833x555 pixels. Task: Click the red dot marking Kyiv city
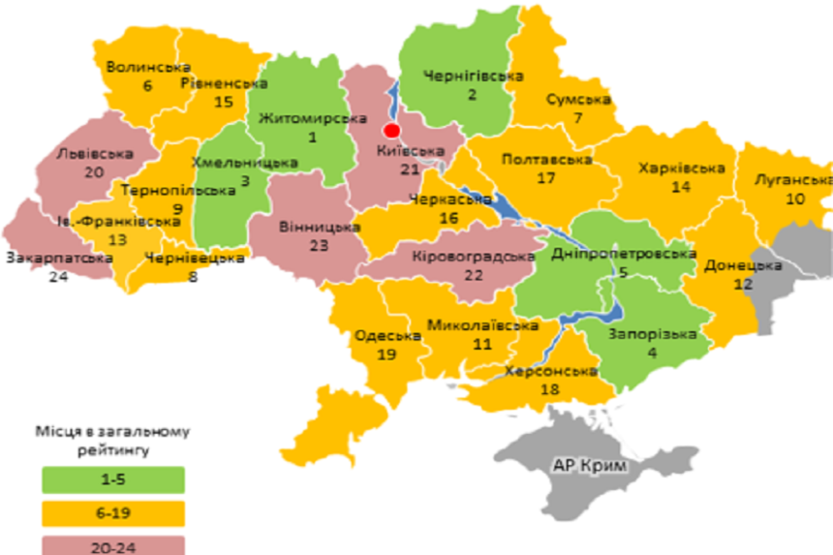[x=391, y=130]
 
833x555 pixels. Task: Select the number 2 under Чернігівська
[x=473, y=94]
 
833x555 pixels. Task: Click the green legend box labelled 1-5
[x=113, y=478]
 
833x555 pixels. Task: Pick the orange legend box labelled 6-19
[x=113, y=511]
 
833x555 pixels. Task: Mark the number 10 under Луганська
[x=794, y=199]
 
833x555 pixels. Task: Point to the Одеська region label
[x=387, y=336]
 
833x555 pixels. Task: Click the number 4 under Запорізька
[x=651, y=353]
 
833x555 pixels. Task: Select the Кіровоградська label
[x=474, y=257]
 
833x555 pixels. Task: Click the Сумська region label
[x=577, y=100]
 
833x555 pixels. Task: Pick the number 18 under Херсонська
[x=549, y=388]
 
